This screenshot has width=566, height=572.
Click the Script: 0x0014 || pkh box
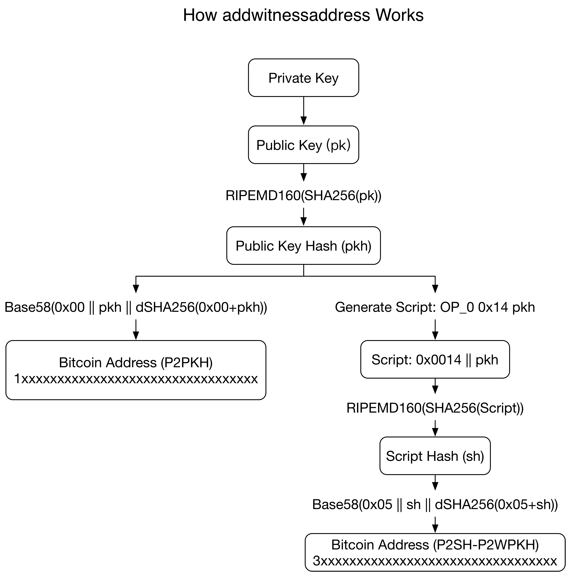coord(435,359)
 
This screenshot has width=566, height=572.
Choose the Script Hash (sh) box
coord(435,456)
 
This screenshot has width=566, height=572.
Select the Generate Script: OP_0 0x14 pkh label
coord(435,307)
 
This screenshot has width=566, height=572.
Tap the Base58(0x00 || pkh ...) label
coord(136,307)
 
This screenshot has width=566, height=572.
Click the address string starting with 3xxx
coord(435,561)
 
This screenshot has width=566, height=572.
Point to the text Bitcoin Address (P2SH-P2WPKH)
coord(435,545)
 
